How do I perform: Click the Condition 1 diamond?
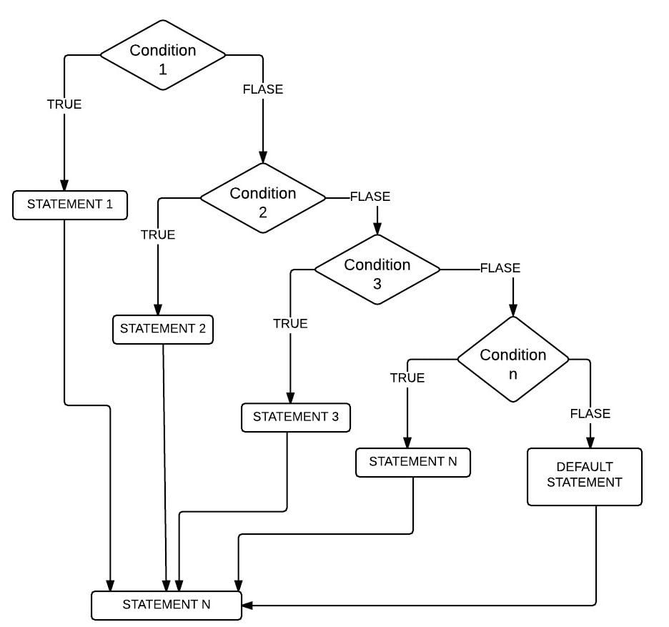163,56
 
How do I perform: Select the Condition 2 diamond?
263,199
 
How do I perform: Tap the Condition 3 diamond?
377,270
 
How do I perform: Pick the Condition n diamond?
513,360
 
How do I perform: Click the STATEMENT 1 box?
70,204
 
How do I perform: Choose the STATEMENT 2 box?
163,330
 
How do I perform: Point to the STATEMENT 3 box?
296,418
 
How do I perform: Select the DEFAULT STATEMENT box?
585,477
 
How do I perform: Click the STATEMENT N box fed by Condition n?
413,463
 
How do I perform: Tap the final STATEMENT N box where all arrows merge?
167,605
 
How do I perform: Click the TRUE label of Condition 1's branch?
64,104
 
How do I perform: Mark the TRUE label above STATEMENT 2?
158,234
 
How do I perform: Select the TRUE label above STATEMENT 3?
290,324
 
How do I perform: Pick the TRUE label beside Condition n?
407,378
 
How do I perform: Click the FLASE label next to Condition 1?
263,90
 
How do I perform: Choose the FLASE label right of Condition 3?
500,269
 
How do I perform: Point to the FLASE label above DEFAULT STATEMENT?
590,414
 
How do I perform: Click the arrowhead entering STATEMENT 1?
64,184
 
